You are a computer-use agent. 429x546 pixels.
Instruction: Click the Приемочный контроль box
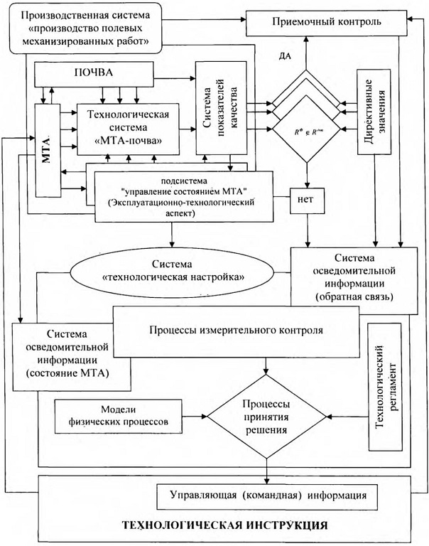coord(327,22)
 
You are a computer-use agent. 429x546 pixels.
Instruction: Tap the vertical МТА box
coord(47,149)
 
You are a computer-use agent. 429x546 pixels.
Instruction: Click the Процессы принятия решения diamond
coord(265,415)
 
